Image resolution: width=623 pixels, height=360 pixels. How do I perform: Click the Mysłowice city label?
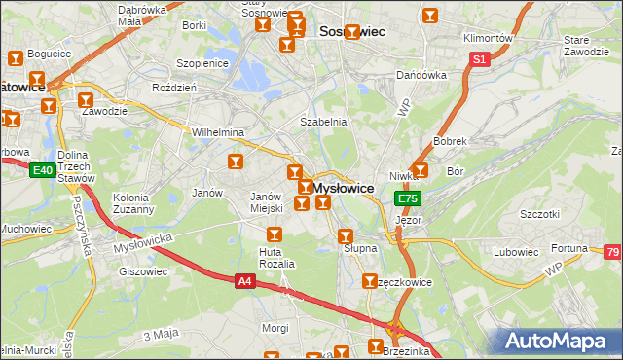(343, 188)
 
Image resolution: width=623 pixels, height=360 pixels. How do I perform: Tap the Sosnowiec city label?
(352, 32)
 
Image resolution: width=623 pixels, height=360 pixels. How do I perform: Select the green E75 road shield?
(407, 198)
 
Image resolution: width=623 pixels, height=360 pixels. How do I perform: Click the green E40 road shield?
(41, 171)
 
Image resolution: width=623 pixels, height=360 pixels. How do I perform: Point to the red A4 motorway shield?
(246, 281)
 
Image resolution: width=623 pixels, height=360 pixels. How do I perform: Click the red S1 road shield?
(479, 59)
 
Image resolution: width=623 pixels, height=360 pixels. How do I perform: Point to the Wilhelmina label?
(217, 131)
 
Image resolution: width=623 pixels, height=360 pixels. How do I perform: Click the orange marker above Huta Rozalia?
(275, 234)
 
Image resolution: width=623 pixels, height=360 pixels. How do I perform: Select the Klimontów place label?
(488, 38)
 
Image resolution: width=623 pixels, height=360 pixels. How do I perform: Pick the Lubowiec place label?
(516, 252)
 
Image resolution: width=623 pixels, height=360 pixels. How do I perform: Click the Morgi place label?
(275, 328)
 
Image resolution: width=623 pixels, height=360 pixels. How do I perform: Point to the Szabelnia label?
(323, 122)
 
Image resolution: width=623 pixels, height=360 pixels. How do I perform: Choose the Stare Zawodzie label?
(584, 45)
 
